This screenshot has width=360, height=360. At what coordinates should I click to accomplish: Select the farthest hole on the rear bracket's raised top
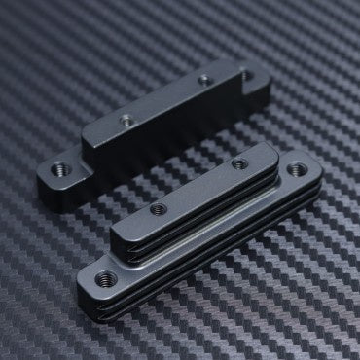[203, 79]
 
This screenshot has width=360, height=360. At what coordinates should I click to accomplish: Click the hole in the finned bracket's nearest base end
[108, 279]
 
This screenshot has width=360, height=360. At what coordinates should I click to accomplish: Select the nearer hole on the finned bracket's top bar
[154, 208]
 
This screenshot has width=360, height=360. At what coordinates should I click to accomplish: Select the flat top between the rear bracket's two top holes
[165, 99]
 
